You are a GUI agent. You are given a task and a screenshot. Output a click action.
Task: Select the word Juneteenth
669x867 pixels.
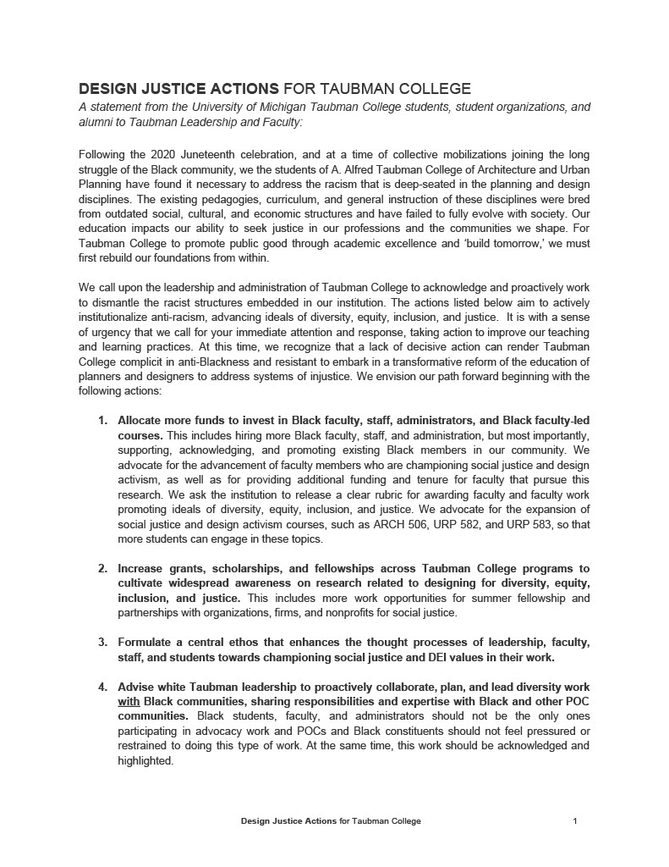click(215, 154)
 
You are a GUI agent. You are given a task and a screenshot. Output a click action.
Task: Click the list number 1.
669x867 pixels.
click(102, 420)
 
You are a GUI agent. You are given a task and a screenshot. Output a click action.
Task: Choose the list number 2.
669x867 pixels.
click(102, 568)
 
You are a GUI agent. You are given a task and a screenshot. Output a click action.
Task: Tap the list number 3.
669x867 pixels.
click(102, 642)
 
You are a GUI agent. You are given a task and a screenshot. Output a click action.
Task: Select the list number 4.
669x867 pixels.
click(102, 687)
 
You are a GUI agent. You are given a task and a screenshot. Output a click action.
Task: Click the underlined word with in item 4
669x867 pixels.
click(129, 701)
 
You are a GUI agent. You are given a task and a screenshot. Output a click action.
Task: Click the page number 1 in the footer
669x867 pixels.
click(575, 821)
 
